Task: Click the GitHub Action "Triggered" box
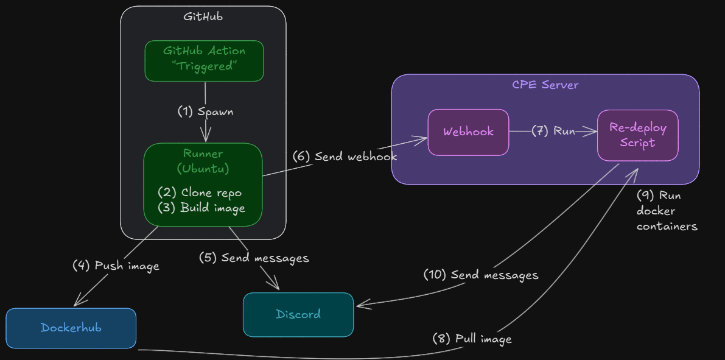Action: point(204,60)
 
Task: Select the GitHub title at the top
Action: point(203,16)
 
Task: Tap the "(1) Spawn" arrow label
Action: point(205,111)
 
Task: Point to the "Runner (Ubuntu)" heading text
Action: point(203,161)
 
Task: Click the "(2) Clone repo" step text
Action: point(200,192)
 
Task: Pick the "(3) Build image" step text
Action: point(201,208)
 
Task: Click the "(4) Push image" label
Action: point(116,266)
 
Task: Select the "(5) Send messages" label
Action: point(254,258)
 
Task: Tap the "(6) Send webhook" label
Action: point(345,157)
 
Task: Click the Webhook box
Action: point(468,132)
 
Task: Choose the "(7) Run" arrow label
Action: point(553,131)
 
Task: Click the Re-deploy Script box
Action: point(637,135)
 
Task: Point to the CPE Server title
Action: point(545,85)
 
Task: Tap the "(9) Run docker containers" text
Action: point(666,211)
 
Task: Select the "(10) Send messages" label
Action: point(481,275)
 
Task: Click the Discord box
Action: point(298,314)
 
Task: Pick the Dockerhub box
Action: point(71,328)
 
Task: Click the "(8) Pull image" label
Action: point(472,339)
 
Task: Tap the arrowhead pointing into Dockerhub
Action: point(77,303)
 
